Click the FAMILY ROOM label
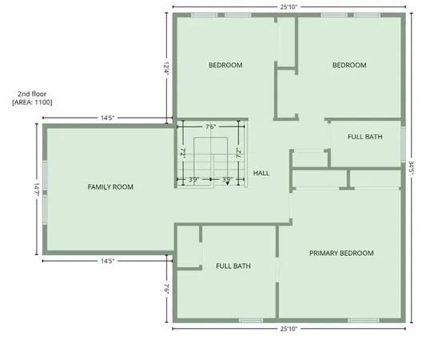pos(110,186)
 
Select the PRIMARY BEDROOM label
pos(341,254)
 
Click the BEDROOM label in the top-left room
pos(225,65)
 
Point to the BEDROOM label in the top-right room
pos(349,65)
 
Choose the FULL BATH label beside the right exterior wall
pos(364,137)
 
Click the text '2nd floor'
pos(31,94)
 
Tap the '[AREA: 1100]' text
pos(32,102)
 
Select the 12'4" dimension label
pos(167,66)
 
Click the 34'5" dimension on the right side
pos(411,166)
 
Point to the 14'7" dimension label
pos(37,189)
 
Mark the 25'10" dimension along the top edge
pos(290,6)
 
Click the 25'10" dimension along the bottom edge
pos(290,329)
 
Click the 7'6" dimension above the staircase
pos(211,126)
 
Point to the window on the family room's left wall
pos(45,189)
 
